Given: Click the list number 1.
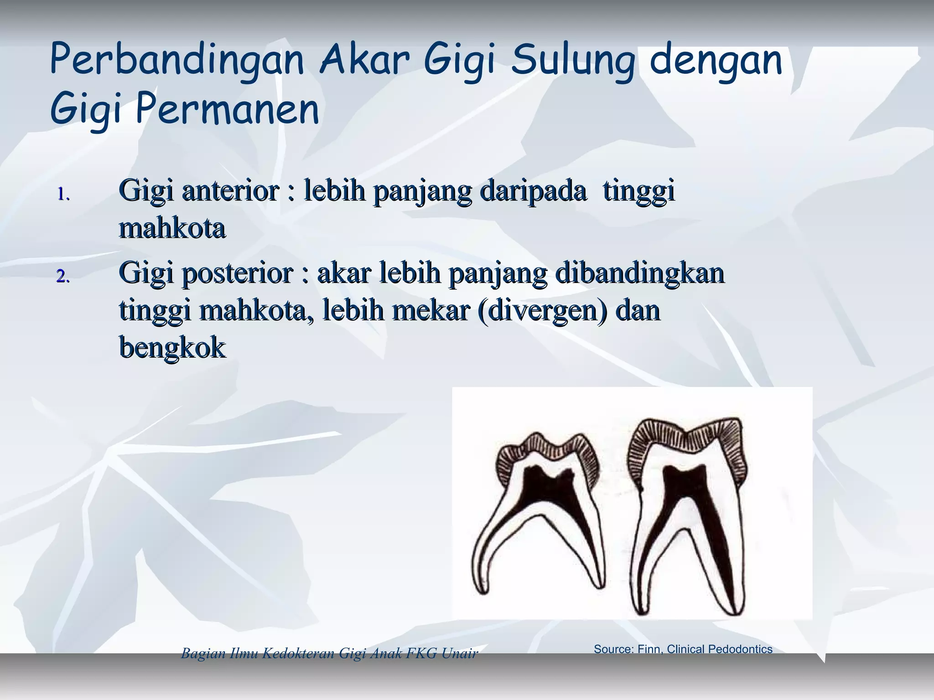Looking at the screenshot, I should click(63, 195).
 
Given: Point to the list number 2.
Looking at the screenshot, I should click(63, 276).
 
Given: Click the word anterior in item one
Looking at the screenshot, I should click(230, 190).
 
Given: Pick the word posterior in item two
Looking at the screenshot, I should click(237, 273).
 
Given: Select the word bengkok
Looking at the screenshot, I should click(172, 348).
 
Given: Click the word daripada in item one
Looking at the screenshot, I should click(534, 190).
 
